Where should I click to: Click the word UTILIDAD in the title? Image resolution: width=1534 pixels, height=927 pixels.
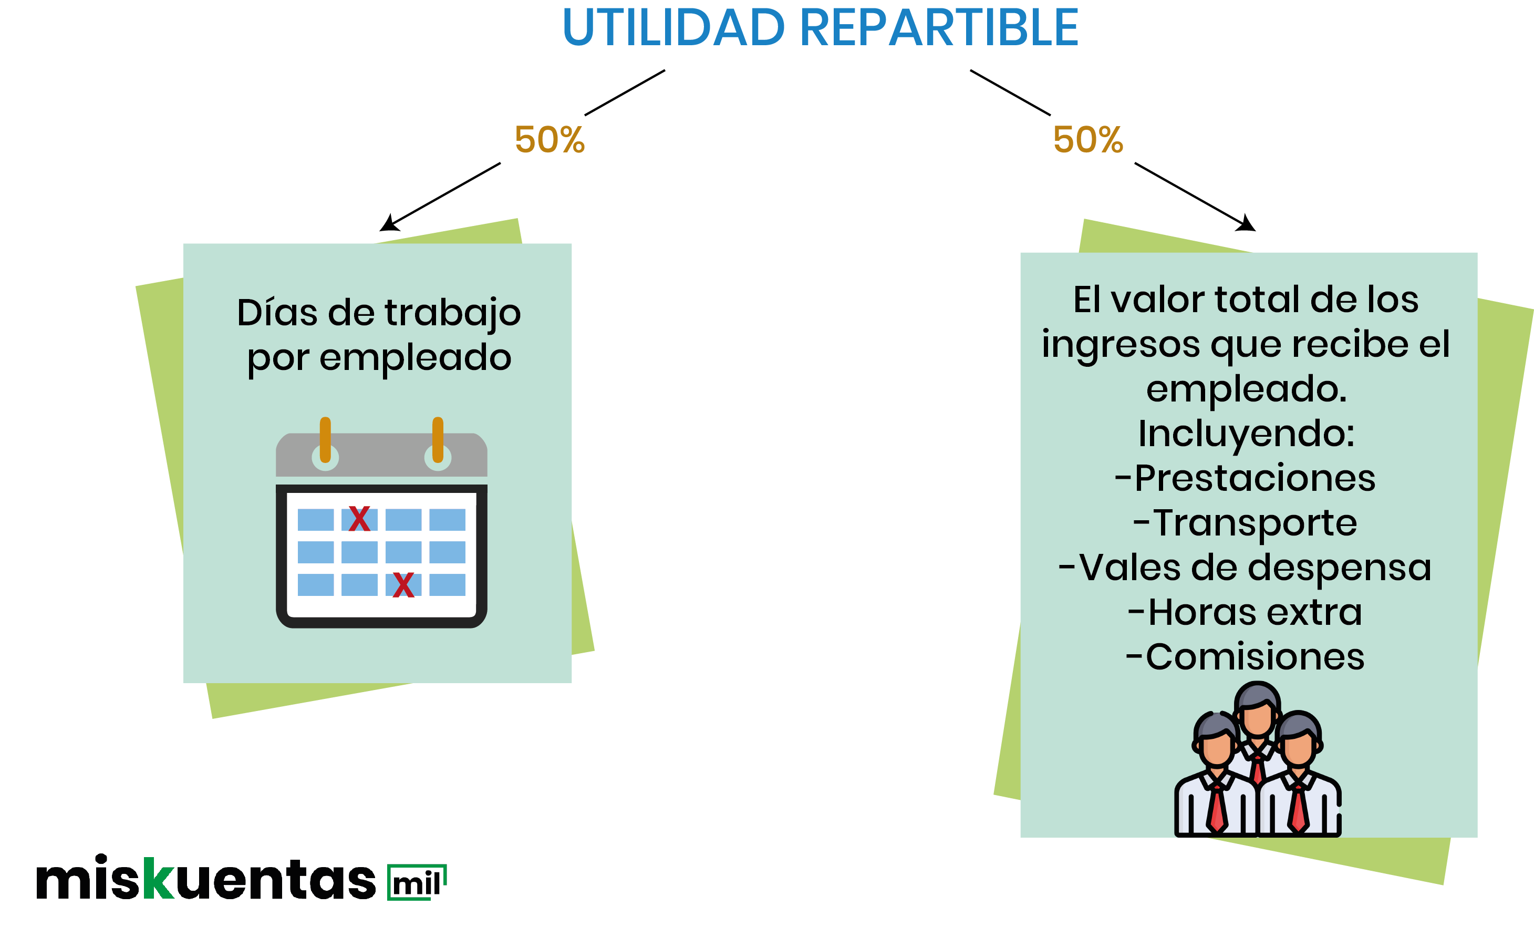tap(673, 28)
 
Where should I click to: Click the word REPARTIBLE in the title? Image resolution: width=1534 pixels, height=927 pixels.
tap(939, 28)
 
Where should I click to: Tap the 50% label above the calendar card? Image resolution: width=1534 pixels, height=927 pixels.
tap(550, 139)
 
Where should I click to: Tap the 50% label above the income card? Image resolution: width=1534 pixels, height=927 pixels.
tap(1087, 139)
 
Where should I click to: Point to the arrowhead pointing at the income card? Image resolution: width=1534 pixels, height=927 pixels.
tap(1246, 223)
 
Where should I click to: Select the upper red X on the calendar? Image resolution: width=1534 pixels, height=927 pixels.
tap(359, 518)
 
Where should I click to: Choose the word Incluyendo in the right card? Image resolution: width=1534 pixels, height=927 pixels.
tap(1246, 434)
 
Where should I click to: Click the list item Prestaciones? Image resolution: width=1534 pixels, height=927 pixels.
tap(1245, 478)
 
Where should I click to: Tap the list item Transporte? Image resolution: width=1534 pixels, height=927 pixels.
tap(1245, 523)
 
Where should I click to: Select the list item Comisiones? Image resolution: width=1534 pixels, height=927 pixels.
tap(1245, 657)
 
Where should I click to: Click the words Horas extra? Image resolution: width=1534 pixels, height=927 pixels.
tap(1245, 612)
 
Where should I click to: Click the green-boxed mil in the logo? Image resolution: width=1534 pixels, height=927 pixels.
tap(417, 882)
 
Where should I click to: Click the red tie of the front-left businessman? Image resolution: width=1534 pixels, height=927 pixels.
tap(1217, 809)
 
